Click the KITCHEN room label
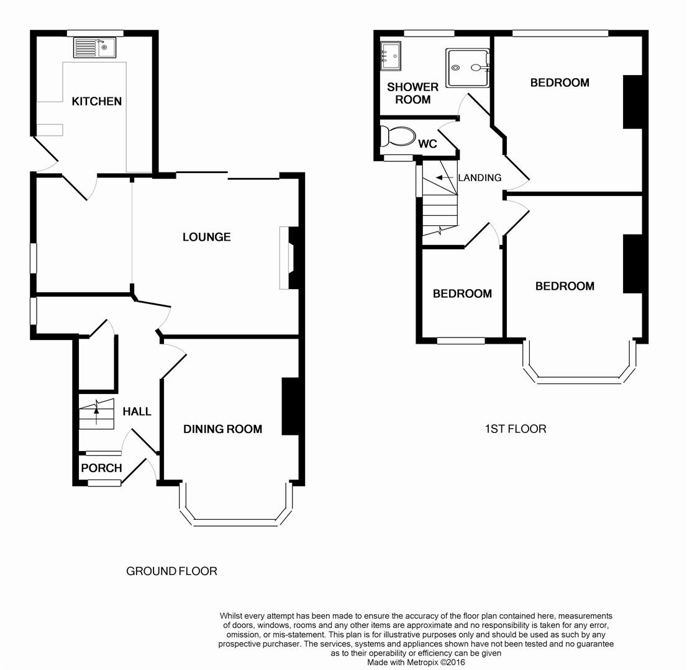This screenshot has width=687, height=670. pos(97,102)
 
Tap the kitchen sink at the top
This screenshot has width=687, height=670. pos(94,47)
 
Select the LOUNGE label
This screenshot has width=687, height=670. pos(206,237)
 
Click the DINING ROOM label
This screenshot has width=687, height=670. pos(222,429)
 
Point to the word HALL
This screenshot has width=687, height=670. pos(137,411)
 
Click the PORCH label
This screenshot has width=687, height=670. pos(101,468)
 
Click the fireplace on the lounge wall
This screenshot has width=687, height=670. pos(289,257)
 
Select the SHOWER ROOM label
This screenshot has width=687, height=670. pos(412,93)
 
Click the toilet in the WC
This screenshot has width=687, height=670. pos(396,136)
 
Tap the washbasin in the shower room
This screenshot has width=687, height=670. pos(390,56)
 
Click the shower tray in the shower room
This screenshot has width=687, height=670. pos(468,68)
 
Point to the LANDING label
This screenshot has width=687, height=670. pos(480,177)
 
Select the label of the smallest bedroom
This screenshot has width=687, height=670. pos(462,293)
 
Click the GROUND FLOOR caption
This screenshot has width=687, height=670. pos(171,571)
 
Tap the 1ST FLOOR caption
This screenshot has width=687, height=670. pos(516,429)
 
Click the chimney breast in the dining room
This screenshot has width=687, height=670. pos(290,406)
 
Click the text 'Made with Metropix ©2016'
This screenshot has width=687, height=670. pos(416,663)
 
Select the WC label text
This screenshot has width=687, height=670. pos(427,144)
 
